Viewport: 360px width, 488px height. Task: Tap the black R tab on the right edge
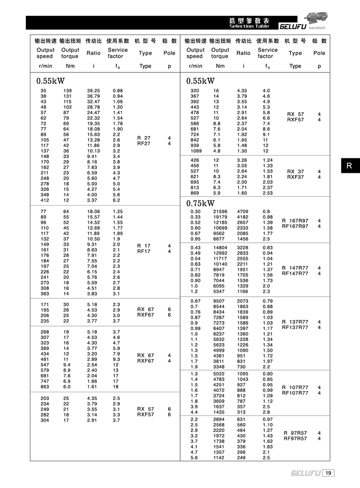349,166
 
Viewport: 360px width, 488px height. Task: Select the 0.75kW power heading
201,203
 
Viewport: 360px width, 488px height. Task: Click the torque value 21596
220,211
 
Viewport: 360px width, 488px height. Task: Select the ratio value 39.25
93,91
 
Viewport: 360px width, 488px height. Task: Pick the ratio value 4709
243,211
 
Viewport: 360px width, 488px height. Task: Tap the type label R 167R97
295,221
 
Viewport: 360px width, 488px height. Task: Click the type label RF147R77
295,274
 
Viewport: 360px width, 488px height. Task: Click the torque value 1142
220,458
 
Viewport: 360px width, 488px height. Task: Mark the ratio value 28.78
93,107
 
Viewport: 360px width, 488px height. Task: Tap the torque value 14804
220,247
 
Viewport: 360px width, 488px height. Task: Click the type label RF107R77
295,393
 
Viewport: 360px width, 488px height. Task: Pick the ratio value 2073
243,301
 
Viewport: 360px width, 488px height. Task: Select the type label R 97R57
295,433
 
